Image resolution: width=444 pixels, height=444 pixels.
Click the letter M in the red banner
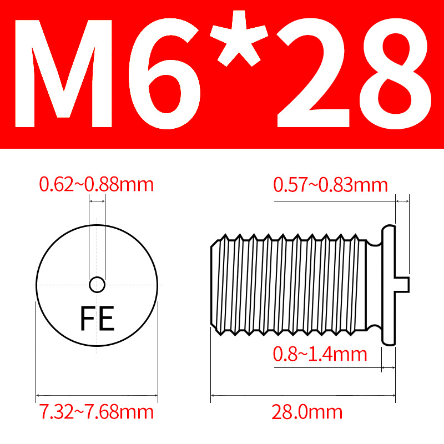coord(63,74)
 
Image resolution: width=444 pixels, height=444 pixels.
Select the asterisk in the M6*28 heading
coord(239,38)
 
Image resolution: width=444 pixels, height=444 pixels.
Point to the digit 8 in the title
coord(396,74)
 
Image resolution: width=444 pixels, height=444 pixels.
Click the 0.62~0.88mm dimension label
coord(96,185)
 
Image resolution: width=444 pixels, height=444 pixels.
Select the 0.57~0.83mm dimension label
coord(330,185)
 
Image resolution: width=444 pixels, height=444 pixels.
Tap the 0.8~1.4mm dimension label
coord(320,354)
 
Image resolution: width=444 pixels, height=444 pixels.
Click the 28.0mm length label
coord(307,412)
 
